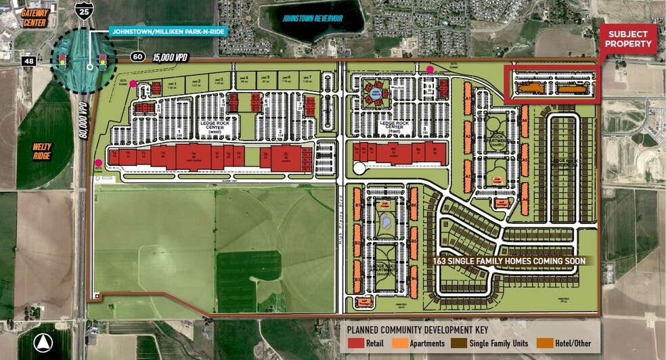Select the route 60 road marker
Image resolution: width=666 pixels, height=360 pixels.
[x=137, y=56]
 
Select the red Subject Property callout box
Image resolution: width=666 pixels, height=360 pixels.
[x=629, y=39]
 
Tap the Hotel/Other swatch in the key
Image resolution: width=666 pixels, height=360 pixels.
[x=543, y=344]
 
